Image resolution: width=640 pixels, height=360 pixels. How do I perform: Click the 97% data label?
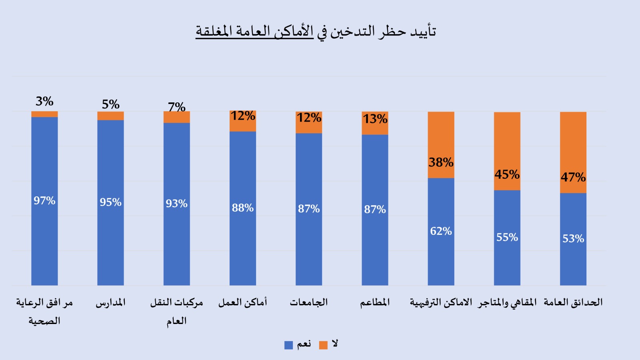pyautogui.click(x=44, y=200)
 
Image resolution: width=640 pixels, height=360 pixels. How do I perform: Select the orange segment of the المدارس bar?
pyautogui.click(x=110, y=116)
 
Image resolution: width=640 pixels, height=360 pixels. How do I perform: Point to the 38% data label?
pyautogui.click(x=441, y=162)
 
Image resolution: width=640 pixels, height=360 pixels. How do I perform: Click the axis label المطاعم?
pyautogui.click(x=375, y=302)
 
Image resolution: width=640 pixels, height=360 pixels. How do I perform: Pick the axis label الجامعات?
pyautogui.click(x=309, y=302)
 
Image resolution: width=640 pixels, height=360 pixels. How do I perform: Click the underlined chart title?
pyautogui.click(x=316, y=31)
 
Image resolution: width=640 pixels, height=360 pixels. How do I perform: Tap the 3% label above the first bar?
pyautogui.click(x=44, y=101)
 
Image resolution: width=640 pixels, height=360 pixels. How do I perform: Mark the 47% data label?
pyautogui.click(x=573, y=177)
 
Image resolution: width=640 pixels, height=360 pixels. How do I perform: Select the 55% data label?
pyautogui.click(x=507, y=237)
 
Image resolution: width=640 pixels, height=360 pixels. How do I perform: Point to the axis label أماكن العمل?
pyautogui.click(x=242, y=302)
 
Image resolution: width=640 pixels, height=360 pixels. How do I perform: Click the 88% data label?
pyautogui.click(x=242, y=208)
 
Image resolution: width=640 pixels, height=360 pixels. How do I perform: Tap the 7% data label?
pyautogui.click(x=176, y=107)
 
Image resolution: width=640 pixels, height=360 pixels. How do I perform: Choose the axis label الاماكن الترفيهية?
pyautogui.click(x=441, y=302)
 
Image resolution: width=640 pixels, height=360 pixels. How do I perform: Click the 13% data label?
pyautogui.click(x=375, y=119)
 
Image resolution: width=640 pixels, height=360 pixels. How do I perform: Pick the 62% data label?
pyautogui.click(x=441, y=231)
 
